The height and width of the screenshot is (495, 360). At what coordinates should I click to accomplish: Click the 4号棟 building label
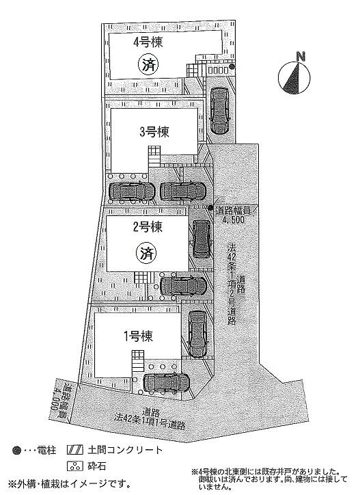145,42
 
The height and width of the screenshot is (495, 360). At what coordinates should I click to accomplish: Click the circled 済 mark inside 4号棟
148,65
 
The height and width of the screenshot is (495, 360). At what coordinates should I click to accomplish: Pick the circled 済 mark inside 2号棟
147,254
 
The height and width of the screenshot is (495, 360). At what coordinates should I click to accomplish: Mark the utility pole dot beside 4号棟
232,67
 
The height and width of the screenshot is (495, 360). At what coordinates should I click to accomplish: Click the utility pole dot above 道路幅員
210,207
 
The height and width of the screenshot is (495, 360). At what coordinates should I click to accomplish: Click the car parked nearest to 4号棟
219,109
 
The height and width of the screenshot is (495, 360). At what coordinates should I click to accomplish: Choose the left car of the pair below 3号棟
131,192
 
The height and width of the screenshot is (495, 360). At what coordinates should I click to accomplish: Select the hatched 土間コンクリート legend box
74,451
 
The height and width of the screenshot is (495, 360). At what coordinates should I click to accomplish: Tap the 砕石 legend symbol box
74,467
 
